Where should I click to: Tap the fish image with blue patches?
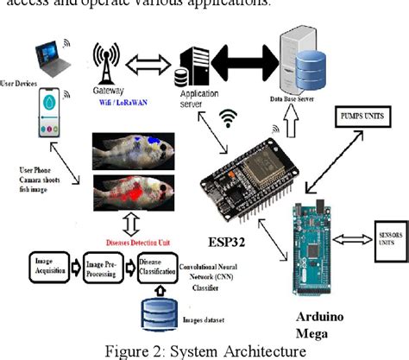point(133,148)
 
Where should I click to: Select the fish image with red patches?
point(133,195)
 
